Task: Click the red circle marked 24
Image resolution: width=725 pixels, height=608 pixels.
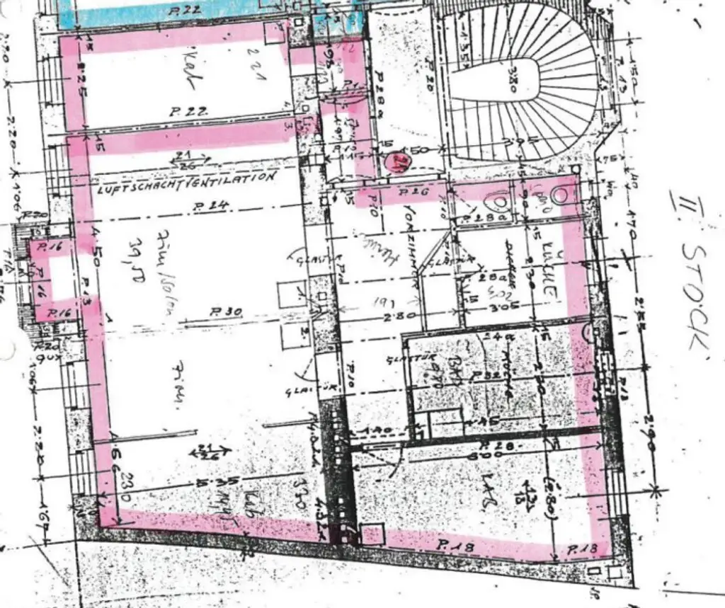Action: click(399, 163)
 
